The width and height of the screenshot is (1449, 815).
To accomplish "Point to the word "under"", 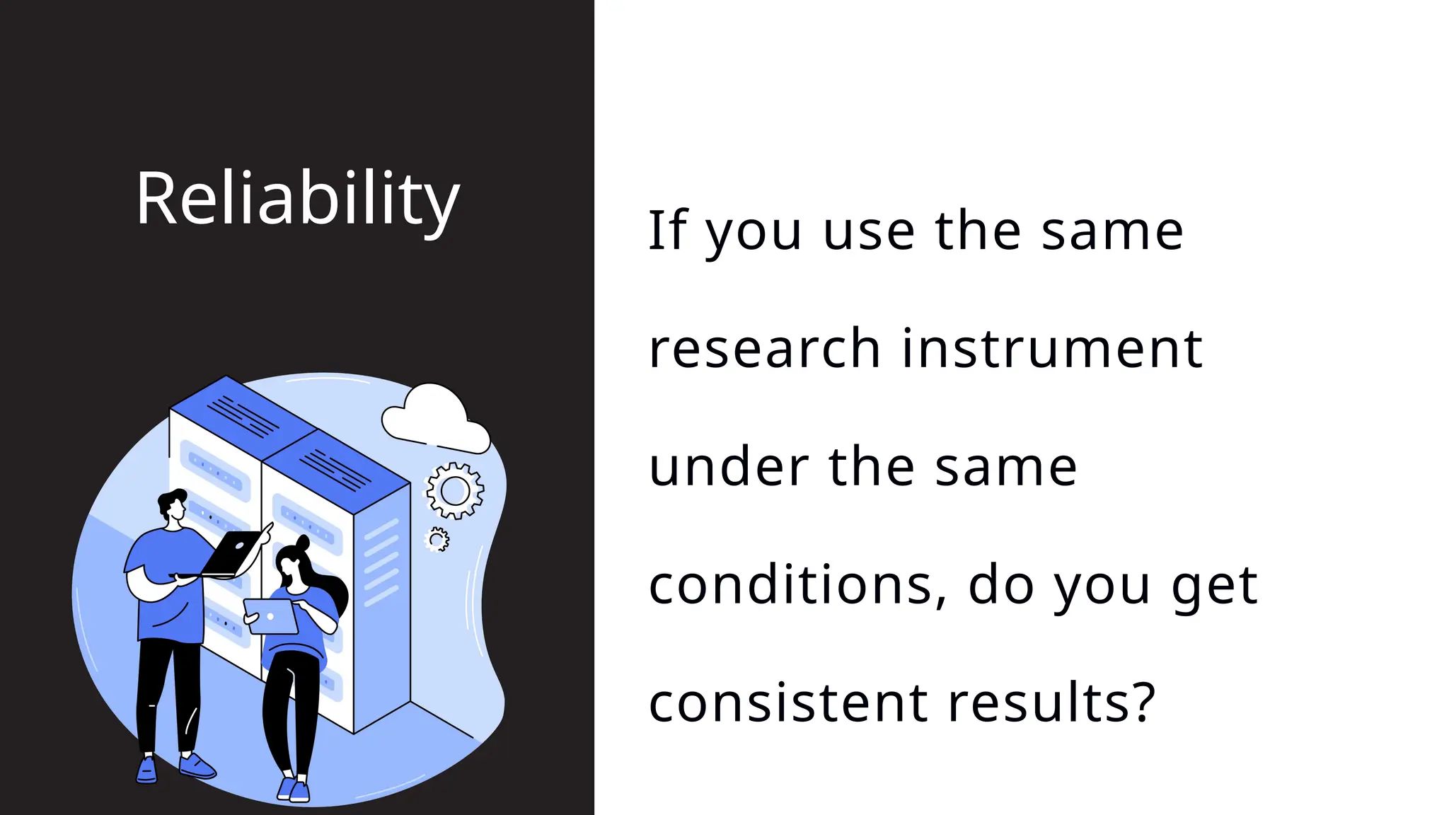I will (x=729, y=467).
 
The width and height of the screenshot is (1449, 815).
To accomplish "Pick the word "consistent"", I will (x=787, y=703).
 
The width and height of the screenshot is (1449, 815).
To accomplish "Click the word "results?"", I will (x=1051, y=703).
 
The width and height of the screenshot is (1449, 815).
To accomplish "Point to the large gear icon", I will (x=455, y=490).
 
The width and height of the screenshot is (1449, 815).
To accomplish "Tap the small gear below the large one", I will (x=437, y=540).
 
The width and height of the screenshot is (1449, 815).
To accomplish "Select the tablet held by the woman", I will (x=270, y=616).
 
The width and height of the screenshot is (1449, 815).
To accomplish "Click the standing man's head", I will (x=173, y=506).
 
